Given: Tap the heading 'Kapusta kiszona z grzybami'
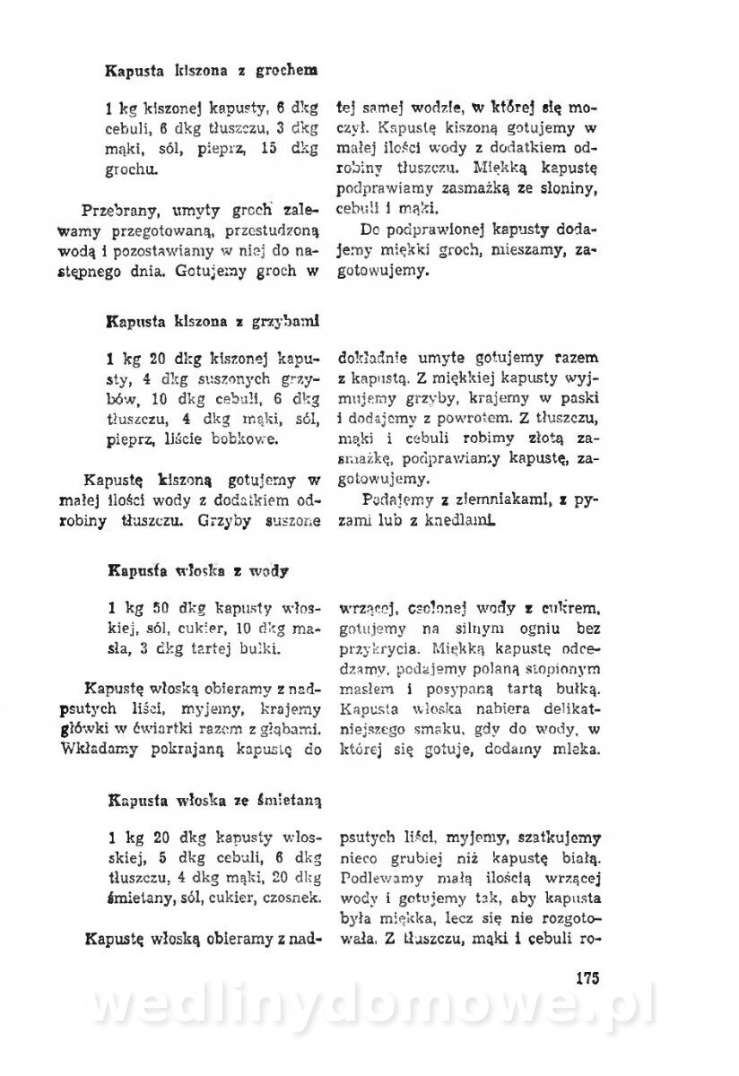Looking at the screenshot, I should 213,319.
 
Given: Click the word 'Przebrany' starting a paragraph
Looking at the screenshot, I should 120,213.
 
